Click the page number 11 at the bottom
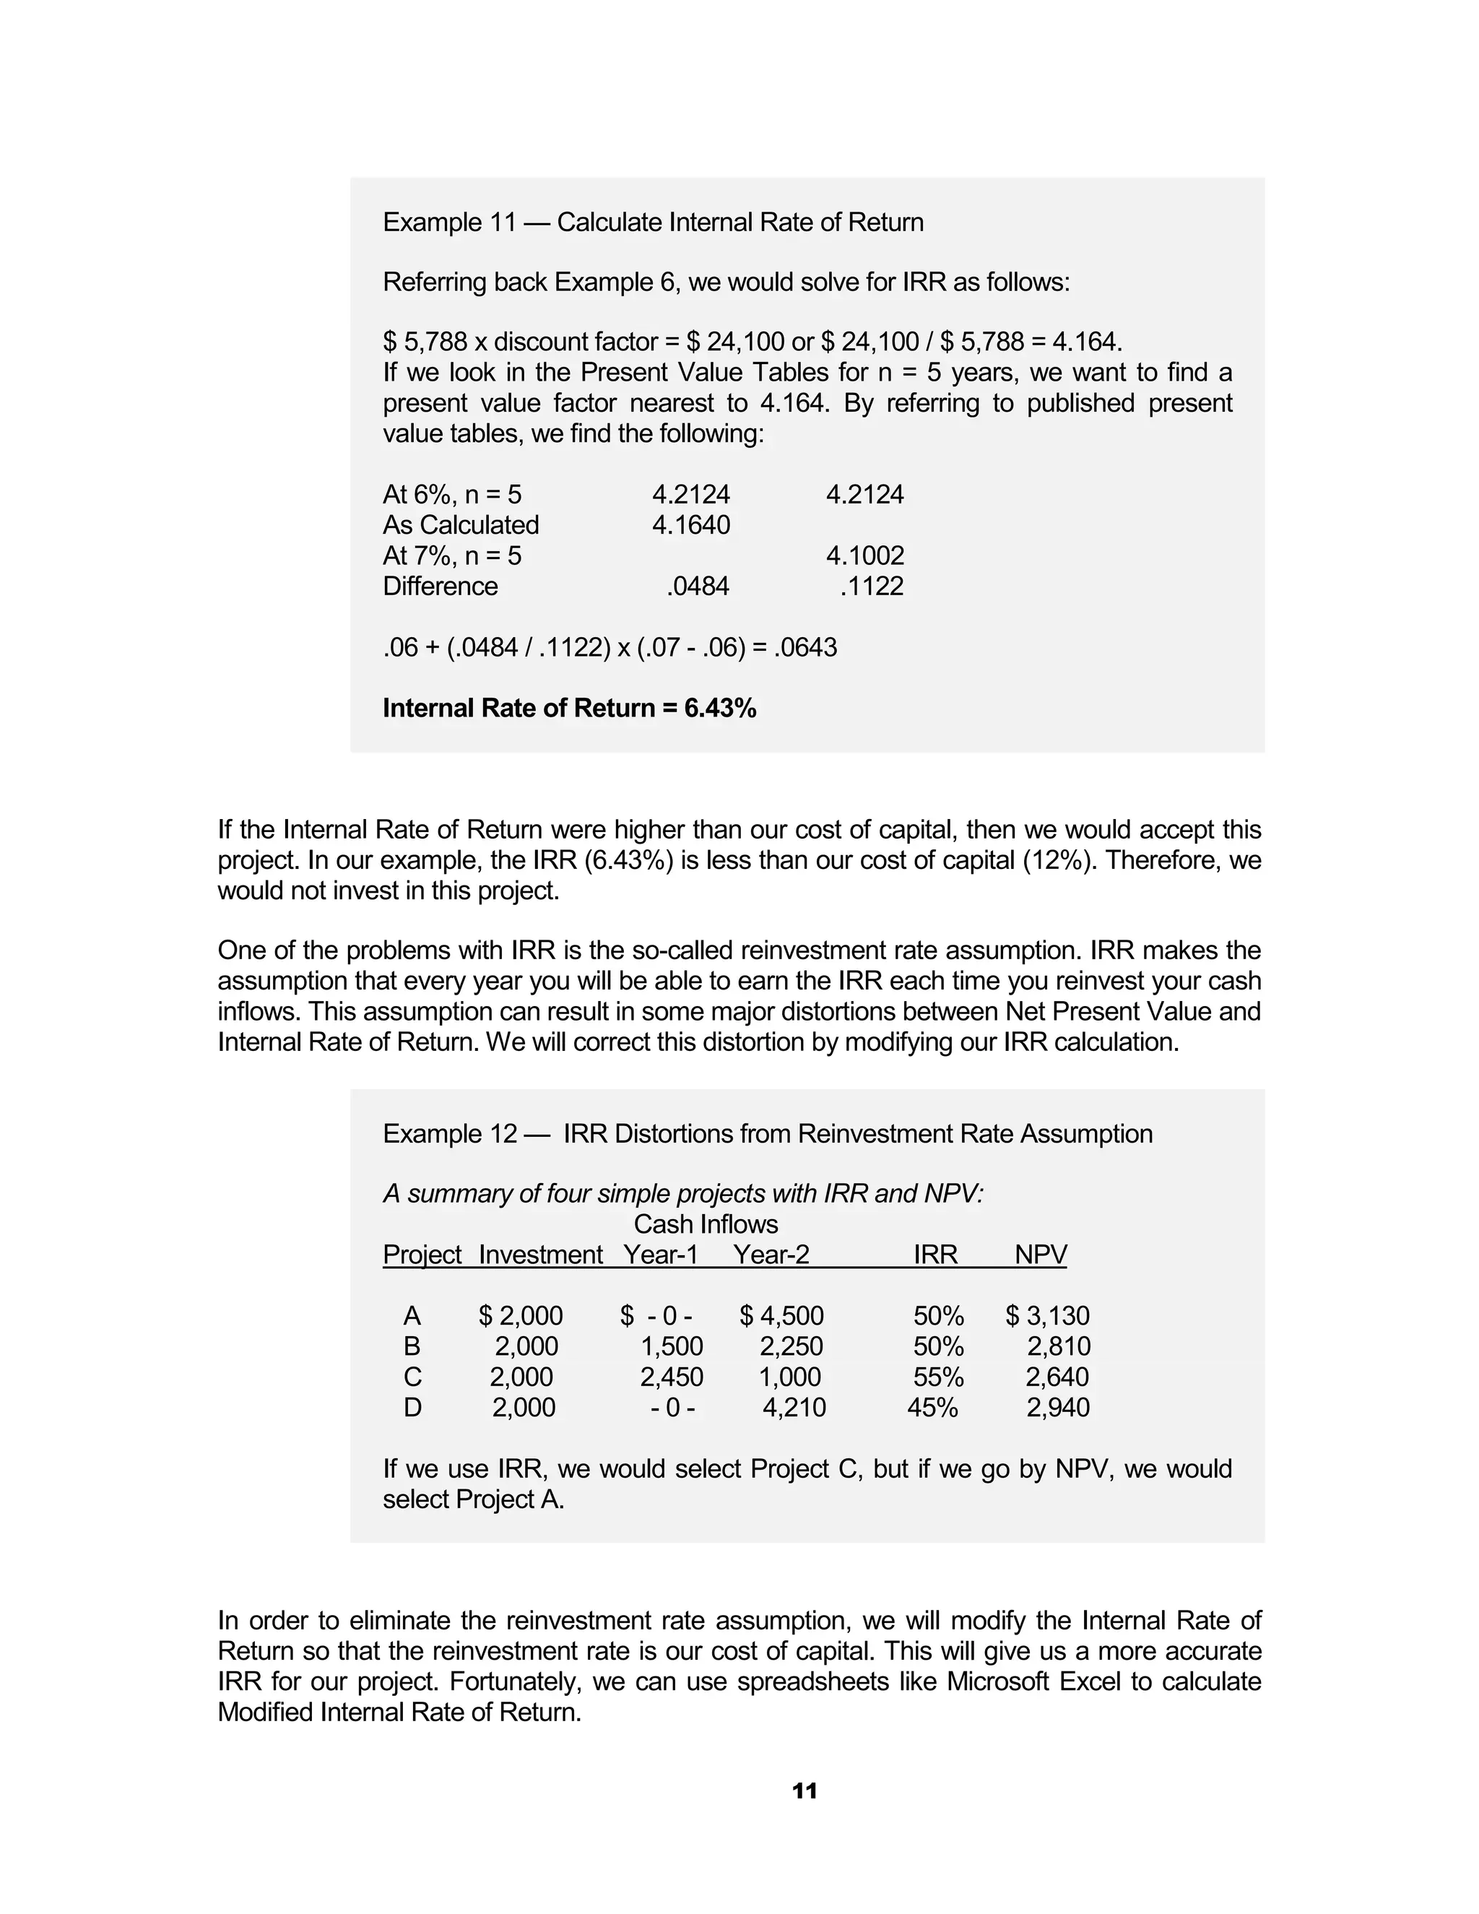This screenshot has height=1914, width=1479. click(x=804, y=1791)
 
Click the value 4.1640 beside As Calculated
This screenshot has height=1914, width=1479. click(x=690, y=525)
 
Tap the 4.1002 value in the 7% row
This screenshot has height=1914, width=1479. click(x=864, y=555)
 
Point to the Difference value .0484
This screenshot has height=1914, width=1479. click(x=698, y=586)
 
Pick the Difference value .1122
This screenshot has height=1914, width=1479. click(x=871, y=586)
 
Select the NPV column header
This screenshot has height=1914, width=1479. click(x=1040, y=1255)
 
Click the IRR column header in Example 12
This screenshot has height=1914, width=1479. click(x=935, y=1255)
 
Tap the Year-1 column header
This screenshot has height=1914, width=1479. click(x=661, y=1255)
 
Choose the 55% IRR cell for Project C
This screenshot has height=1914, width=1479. click(x=938, y=1377)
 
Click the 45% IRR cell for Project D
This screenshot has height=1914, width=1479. click(x=932, y=1408)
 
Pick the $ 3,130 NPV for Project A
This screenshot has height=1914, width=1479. click(x=1047, y=1316)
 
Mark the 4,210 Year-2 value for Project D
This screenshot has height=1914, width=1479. click(x=794, y=1408)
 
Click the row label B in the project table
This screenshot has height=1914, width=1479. click(x=412, y=1346)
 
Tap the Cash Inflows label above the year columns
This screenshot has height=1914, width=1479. click(x=706, y=1224)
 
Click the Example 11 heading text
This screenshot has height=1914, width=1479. click(x=653, y=222)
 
